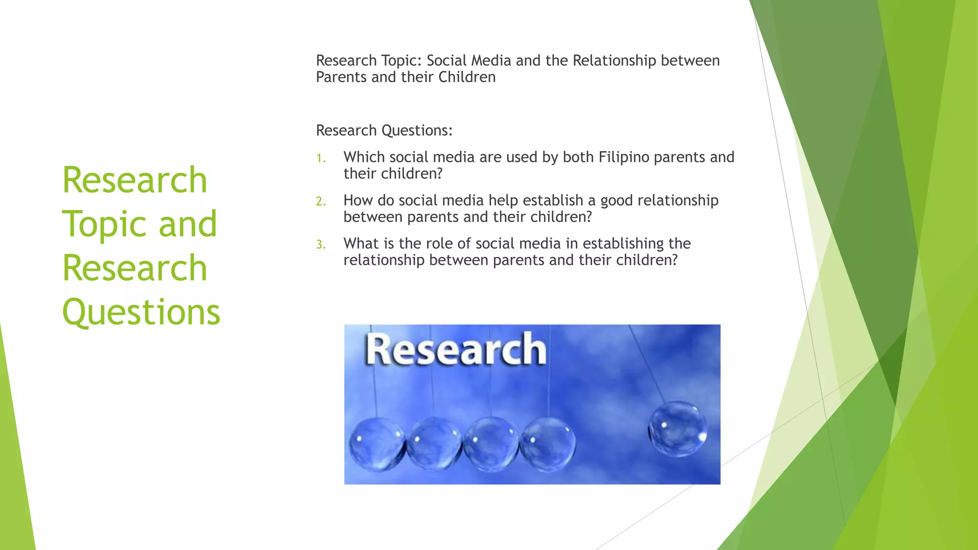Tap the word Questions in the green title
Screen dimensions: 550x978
point(141,312)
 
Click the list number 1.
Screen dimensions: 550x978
point(320,158)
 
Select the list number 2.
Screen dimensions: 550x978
point(320,201)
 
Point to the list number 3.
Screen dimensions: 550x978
point(320,245)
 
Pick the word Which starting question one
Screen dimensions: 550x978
point(364,157)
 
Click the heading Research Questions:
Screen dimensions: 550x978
point(384,130)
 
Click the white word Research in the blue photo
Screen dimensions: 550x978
point(456,350)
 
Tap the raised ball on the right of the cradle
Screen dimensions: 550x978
point(677,428)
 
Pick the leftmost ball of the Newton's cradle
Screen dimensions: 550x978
point(376,444)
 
